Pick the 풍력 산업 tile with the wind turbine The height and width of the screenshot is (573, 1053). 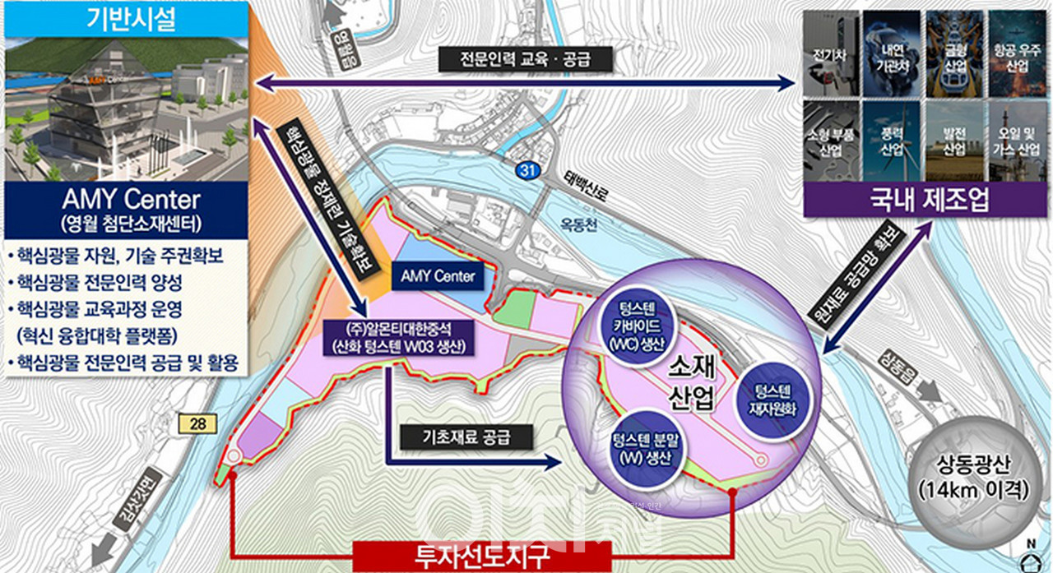pyautogui.click(x=892, y=141)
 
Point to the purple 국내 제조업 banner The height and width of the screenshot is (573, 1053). pyautogui.click(x=924, y=200)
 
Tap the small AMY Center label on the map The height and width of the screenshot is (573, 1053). pyautogui.click(x=437, y=276)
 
